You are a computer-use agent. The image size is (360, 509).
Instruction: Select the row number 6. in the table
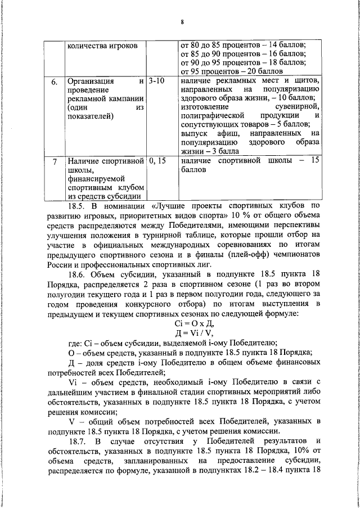(54, 83)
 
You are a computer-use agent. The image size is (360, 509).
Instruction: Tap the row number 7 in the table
(54, 162)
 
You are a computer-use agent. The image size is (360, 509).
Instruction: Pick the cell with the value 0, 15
(159, 161)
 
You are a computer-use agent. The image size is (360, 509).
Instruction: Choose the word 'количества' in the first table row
(86, 44)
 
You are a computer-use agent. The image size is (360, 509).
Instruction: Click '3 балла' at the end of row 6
(225, 152)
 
